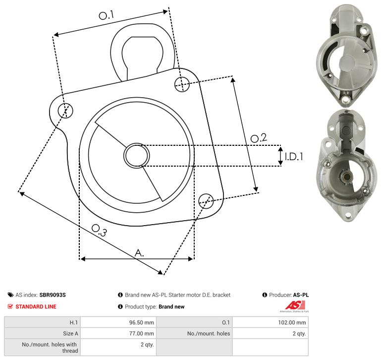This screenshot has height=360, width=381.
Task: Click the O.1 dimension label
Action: pos(107,15)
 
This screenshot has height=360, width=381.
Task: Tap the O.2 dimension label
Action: pos(259,138)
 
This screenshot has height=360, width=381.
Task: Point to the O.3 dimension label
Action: pos(99,230)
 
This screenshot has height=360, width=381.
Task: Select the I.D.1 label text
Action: pos(294,157)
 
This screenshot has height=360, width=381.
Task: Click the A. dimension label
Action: pos(139,253)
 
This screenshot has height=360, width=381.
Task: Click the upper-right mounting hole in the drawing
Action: pos(182,84)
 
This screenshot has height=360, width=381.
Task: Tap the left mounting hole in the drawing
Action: pos(65,111)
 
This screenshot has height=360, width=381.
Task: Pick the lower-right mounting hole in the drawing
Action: pos(206,201)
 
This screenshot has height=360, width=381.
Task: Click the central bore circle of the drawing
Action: pos(137,156)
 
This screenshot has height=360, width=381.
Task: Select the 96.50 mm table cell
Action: pos(118,322)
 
